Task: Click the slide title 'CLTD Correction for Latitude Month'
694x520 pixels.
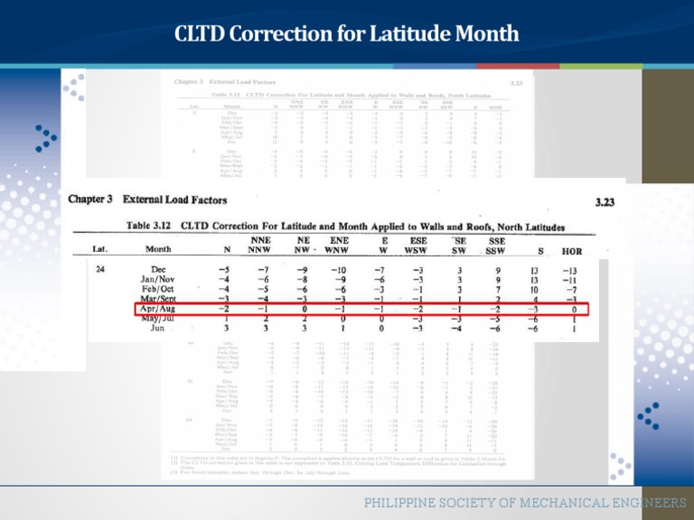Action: pos(346,34)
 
